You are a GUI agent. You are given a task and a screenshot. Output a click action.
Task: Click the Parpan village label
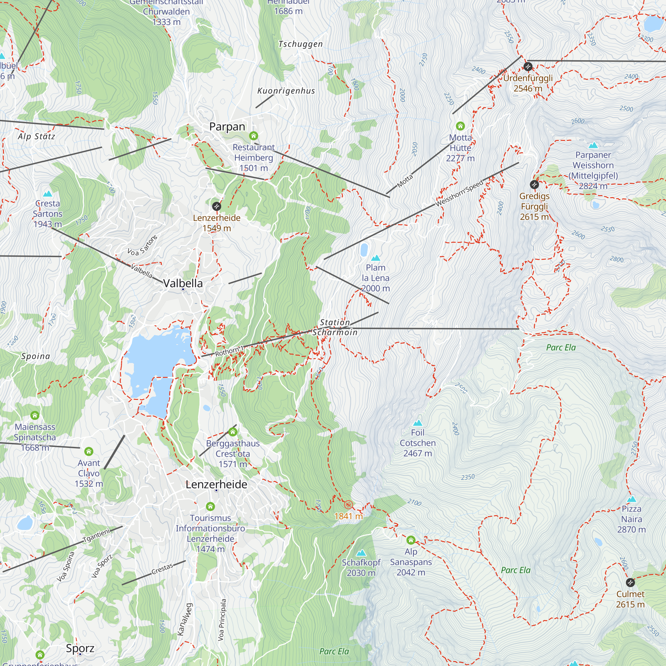227,127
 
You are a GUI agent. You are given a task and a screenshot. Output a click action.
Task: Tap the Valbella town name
183,283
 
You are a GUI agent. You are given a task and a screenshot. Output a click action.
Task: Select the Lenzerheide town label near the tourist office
216,484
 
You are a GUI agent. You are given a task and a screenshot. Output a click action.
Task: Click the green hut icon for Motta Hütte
460,126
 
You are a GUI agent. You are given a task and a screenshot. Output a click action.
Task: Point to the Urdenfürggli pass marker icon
527,66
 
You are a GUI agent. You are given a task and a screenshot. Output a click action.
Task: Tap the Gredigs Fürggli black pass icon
534,184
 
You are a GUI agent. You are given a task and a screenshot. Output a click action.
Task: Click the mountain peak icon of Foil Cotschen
418,423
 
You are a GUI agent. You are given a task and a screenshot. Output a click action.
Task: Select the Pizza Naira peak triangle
631,499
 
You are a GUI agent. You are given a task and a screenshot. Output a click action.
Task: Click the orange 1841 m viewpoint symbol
349,505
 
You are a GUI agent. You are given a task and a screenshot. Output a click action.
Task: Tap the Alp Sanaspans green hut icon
411,540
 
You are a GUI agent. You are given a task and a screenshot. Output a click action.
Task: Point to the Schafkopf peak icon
361,553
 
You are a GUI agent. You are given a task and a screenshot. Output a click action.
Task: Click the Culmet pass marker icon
630,582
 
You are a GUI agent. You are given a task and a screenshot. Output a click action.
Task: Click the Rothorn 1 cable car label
229,351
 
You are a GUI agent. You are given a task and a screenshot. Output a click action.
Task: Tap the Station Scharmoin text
335,327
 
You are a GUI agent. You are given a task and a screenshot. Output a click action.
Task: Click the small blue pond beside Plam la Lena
364,250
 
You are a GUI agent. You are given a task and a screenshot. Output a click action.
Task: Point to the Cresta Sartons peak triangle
48,194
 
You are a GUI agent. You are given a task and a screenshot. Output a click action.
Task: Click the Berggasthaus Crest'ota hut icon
233,432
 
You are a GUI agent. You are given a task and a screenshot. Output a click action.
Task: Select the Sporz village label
80,648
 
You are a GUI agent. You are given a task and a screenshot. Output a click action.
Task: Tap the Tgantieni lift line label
96,535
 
